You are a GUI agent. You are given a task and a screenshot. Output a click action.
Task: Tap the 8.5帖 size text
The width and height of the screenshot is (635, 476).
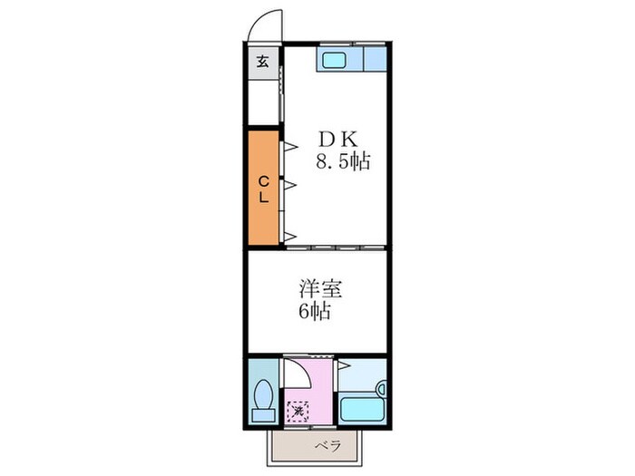(342, 163)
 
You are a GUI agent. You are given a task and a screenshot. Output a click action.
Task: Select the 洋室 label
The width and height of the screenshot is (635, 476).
(321, 290)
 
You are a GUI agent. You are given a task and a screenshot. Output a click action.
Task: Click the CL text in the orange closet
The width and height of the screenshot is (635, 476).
(264, 188)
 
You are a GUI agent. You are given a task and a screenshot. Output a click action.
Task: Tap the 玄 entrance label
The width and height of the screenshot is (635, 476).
(262, 63)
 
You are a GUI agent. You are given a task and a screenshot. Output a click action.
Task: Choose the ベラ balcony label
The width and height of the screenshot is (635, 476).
(327, 447)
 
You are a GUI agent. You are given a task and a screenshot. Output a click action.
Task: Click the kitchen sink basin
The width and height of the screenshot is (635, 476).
(333, 62)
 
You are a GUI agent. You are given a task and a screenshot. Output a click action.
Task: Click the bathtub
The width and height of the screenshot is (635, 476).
(362, 409)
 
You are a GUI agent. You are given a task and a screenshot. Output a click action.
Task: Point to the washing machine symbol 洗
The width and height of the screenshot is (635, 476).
(298, 410)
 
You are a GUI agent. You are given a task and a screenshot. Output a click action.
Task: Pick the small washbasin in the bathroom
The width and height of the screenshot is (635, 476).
(381, 388)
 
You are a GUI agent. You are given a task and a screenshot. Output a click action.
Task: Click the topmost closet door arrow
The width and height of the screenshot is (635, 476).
(291, 144)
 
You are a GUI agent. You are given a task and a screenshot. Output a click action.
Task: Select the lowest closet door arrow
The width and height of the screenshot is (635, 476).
(291, 237)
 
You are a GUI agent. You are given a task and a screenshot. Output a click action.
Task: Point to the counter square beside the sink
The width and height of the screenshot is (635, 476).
(375, 61)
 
